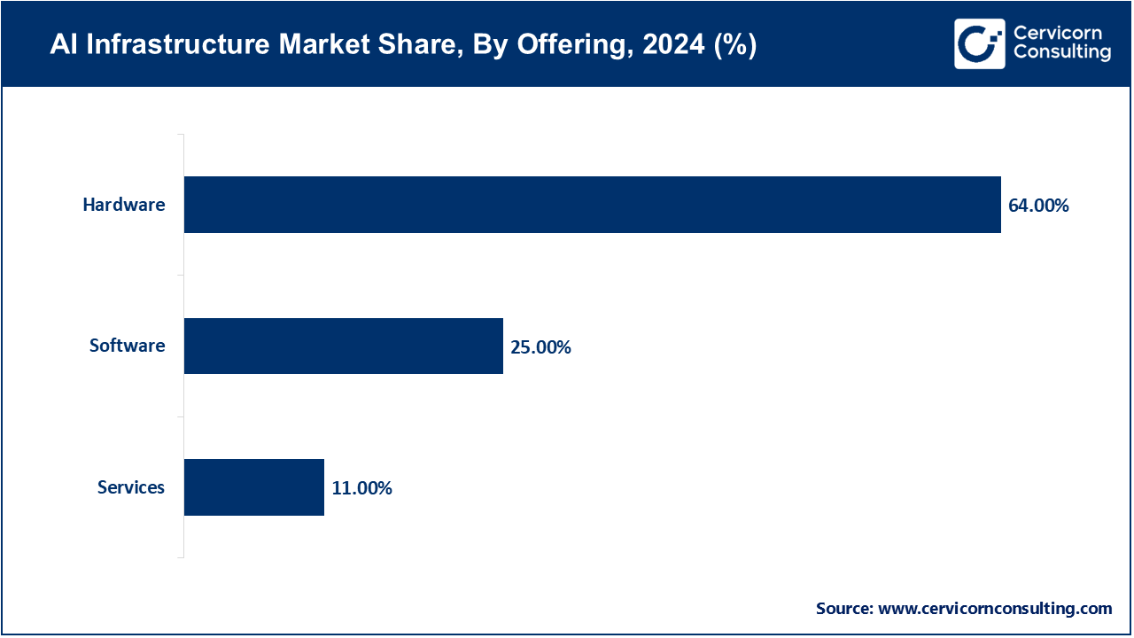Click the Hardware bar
pyautogui.click(x=592, y=205)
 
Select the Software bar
pyautogui.click(x=344, y=346)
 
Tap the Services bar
pyautogui.click(x=254, y=487)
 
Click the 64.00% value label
pyautogui.click(x=1038, y=206)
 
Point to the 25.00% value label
pyautogui.click(x=540, y=347)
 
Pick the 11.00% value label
pyautogui.click(x=361, y=488)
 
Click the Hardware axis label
pyautogui.click(x=124, y=205)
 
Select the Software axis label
pyautogui.click(x=127, y=346)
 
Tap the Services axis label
pyautogui.click(x=131, y=487)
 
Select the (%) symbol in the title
pyautogui.click(x=735, y=44)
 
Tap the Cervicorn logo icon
pyautogui.click(x=979, y=43)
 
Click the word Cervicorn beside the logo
pyautogui.click(x=1057, y=34)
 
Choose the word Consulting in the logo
pyautogui.click(x=1061, y=53)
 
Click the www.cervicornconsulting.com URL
pyautogui.click(x=994, y=609)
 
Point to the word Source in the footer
pyautogui.click(x=843, y=609)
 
